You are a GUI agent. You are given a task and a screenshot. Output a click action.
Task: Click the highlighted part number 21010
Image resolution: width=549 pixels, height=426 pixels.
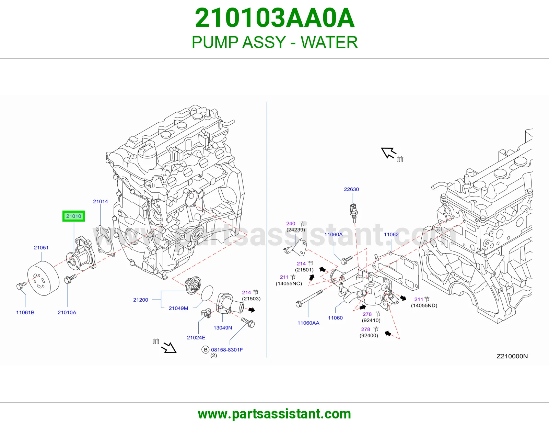point(73,216)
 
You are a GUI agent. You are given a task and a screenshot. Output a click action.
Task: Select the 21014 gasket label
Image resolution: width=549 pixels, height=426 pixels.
point(100,201)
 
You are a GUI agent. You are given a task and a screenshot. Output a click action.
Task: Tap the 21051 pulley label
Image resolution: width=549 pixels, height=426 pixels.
point(41,248)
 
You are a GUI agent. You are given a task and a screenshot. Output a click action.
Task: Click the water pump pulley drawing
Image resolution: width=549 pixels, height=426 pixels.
point(43,279)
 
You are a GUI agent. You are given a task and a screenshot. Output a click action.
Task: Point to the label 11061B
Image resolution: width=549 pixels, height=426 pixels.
point(25,312)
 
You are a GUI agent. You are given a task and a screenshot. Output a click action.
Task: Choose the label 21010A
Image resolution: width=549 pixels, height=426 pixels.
point(67,312)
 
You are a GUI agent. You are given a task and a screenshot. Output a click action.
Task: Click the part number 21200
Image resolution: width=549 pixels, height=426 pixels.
point(140,300)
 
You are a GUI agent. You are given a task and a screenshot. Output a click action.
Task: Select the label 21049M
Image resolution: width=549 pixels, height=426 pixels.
point(178,308)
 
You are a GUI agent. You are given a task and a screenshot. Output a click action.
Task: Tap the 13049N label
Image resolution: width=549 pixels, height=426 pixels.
point(223,328)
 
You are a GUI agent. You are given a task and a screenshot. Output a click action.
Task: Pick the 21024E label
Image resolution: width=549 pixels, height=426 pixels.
point(196,337)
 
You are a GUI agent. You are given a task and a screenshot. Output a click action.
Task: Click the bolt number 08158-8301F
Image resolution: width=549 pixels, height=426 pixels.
point(227,350)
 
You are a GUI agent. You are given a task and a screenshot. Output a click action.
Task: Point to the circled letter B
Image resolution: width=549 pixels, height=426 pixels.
point(206,350)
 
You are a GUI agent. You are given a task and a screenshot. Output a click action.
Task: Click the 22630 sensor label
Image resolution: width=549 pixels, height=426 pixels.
point(351,189)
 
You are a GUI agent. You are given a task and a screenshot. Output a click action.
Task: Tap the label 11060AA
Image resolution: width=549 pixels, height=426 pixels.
point(308,323)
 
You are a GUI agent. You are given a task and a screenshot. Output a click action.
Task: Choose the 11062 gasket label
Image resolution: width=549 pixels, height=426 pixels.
point(391,235)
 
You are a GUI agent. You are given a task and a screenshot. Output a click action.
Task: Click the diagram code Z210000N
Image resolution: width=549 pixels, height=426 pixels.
point(512,356)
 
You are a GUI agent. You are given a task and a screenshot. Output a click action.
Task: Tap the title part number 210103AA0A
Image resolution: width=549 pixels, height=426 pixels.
point(274,18)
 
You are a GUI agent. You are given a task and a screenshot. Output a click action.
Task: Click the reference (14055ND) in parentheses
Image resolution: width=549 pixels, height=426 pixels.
point(424,305)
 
